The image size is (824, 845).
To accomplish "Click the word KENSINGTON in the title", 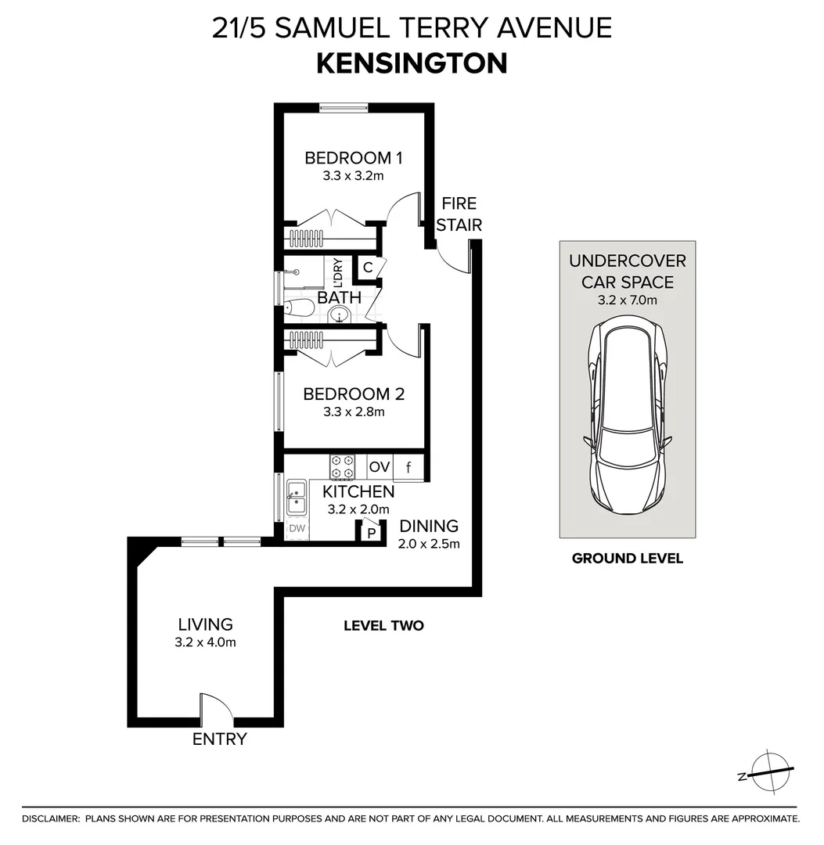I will point(412,63).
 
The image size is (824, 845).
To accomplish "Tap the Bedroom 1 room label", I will point(353,158).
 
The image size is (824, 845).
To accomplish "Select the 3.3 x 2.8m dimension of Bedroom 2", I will point(353,412).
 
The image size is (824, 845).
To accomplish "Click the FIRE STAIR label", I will point(458,214).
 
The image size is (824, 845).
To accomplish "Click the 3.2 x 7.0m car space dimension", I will point(627,300).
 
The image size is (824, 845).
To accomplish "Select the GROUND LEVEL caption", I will point(627,559).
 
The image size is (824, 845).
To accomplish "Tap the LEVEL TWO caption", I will point(383,626).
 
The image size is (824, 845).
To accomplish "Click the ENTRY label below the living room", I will point(220,739).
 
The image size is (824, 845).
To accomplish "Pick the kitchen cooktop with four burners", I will point(342,467).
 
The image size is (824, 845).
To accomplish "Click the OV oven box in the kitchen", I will point(380,467).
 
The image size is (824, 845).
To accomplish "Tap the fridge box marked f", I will point(408,468).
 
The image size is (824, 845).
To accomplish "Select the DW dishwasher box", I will point(297,529).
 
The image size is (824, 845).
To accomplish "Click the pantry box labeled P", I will point(372,534).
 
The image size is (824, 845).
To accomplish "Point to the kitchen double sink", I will point(297,498).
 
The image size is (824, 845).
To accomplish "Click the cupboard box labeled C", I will point(367,266).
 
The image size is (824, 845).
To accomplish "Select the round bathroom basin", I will point(339,315).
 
